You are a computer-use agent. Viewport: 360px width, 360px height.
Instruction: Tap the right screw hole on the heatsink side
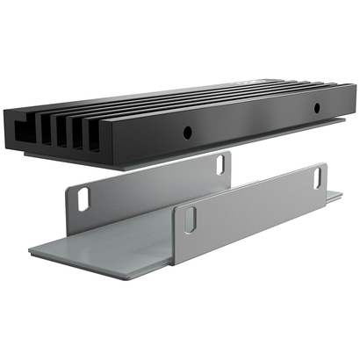point(317,108)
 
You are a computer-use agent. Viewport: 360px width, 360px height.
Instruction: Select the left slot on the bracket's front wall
point(188,220)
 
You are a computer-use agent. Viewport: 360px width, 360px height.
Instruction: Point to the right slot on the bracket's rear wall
point(218,164)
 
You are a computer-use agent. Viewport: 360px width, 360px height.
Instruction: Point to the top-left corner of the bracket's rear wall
point(68,187)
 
